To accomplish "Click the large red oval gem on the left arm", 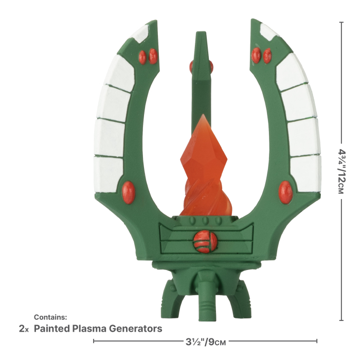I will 129,192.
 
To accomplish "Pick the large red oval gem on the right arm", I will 285,192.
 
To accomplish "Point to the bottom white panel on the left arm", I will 109,173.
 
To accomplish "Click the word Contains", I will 50,317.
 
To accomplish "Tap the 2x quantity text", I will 24,329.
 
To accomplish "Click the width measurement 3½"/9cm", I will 205,341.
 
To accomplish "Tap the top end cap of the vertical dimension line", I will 341,22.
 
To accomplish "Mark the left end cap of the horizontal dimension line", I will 93,340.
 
